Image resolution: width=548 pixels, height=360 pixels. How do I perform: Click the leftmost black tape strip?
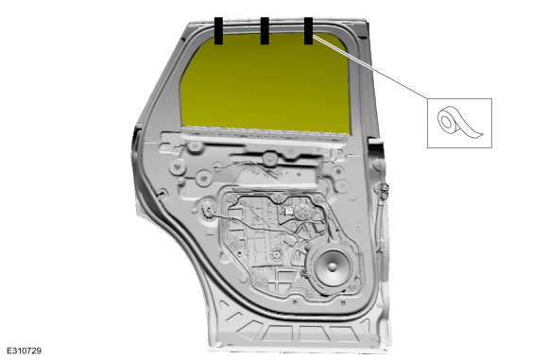(218, 31)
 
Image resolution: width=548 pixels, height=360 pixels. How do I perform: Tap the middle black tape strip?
(265, 31)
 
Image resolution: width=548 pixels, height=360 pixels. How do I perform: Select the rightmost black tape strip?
(308, 31)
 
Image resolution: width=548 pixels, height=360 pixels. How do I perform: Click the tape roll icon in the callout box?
(459, 122)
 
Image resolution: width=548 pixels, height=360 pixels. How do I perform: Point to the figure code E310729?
(24, 351)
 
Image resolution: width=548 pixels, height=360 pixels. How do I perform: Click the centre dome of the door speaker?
(333, 266)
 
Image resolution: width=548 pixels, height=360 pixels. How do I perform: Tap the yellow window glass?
(265, 84)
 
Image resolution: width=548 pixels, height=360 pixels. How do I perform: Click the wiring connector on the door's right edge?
(383, 191)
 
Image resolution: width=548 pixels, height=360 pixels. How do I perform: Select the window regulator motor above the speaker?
(301, 211)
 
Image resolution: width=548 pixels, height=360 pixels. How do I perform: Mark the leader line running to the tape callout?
(370, 66)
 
